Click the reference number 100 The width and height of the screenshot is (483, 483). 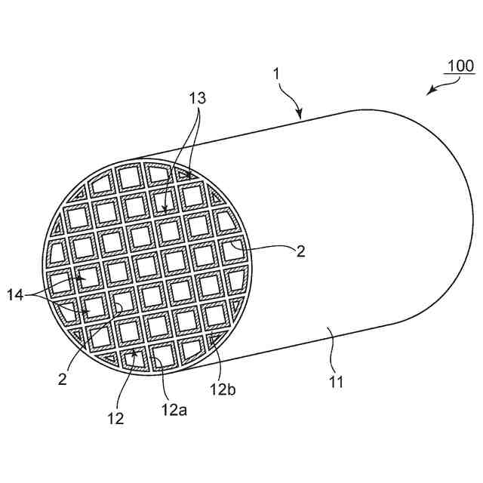point(459,66)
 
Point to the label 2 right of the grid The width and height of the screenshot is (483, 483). point(300,252)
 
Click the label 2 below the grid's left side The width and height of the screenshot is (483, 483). point(63,378)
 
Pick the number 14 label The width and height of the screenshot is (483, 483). point(15,297)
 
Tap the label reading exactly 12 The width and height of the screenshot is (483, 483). point(115,417)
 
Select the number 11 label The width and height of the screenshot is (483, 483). point(337,382)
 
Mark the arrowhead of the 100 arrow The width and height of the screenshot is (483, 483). point(429,93)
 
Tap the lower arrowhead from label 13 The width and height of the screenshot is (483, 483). point(165,207)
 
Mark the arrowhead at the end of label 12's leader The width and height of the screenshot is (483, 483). point(134,352)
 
